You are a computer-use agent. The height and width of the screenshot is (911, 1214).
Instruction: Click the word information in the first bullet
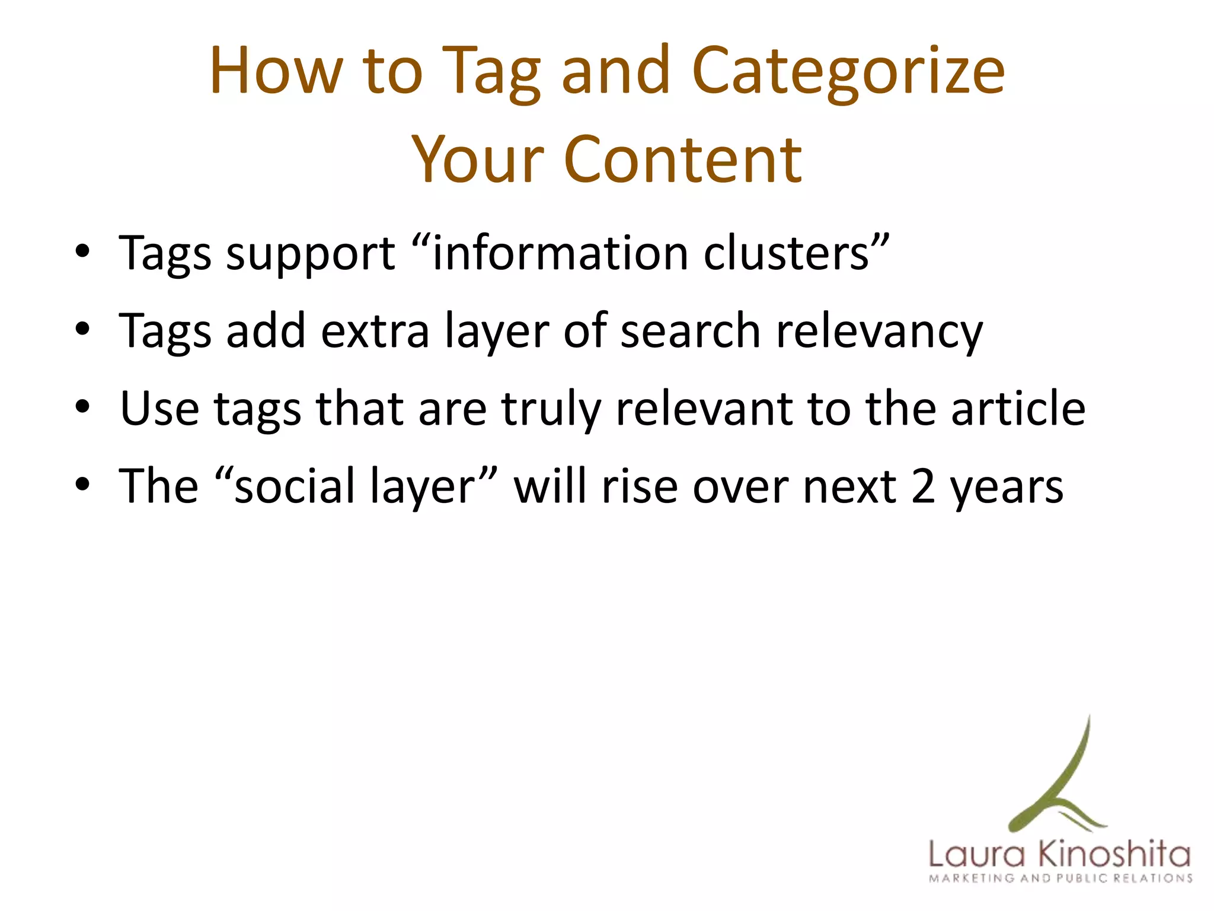(560, 254)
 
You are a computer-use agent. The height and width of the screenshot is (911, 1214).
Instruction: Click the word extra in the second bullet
(375, 331)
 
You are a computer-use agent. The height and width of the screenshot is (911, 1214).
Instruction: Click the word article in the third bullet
(1018, 409)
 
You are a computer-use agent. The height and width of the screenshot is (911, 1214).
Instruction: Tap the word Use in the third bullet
(159, 409)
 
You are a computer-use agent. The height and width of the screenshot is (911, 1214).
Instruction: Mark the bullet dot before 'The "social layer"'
(82, 485)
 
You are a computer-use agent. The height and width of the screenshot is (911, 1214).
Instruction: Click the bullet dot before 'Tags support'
(82, 251)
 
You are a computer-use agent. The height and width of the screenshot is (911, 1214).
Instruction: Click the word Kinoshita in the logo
(1114, 855)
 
